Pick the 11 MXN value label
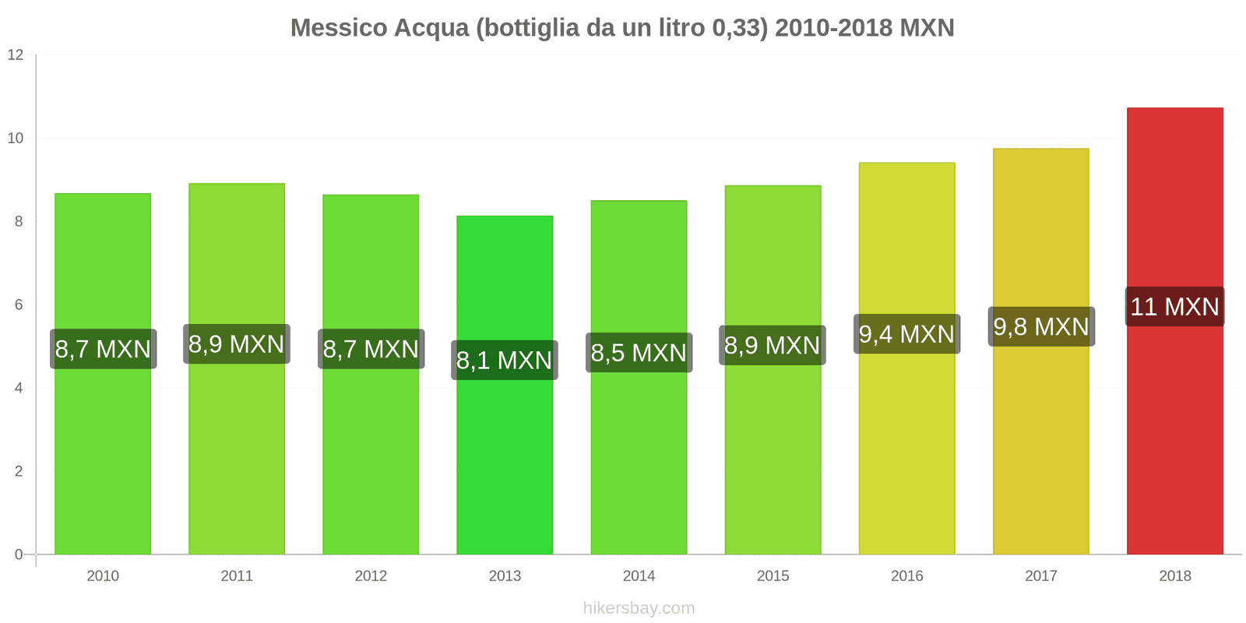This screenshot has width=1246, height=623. point(1174,306)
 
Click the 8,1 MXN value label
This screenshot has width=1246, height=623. point(505,360)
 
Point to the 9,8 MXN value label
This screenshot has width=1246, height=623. point(1041,326)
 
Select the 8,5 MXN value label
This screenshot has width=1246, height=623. point(639,352)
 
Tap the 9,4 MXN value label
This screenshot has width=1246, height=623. point(906,334)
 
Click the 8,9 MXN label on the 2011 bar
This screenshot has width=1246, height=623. point(237,343)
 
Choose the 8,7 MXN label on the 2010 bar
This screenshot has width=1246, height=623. point(103,348)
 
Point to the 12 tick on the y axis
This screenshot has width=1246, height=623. point(16,55)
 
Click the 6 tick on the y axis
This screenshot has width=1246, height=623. point(19,304)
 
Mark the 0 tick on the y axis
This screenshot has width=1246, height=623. point(19,554)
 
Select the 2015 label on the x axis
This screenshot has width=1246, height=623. point(773,575)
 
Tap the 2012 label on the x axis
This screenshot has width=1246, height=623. point(371,575)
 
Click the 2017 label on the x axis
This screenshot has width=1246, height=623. point(1041,575)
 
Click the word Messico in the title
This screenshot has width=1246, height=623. point(339,28)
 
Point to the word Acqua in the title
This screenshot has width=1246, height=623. point(431,28)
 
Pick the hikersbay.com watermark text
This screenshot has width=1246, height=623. point(639,608)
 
